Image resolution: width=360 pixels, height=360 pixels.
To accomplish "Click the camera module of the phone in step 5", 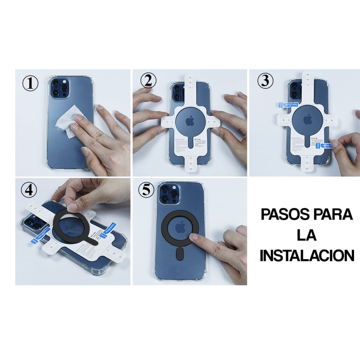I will click(168, 194).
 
